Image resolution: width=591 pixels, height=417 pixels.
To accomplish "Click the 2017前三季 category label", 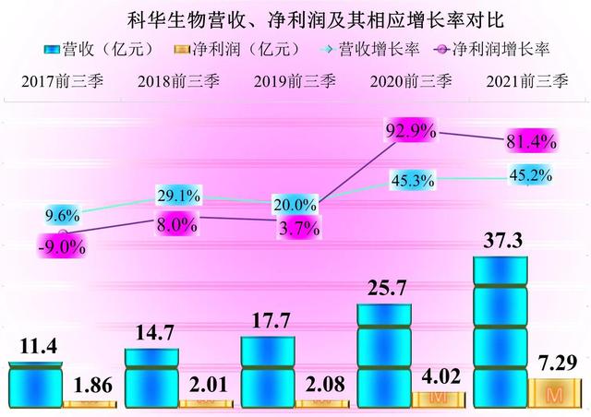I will (x=62, y=79).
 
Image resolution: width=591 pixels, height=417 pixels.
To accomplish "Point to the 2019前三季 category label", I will (x=295, y=79).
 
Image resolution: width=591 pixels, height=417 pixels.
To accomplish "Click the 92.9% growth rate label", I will (x=411, y=131).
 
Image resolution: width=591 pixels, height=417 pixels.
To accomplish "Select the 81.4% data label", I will (x=526, y=142).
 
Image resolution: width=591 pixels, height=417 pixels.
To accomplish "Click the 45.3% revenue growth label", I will (x=412, y=182).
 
